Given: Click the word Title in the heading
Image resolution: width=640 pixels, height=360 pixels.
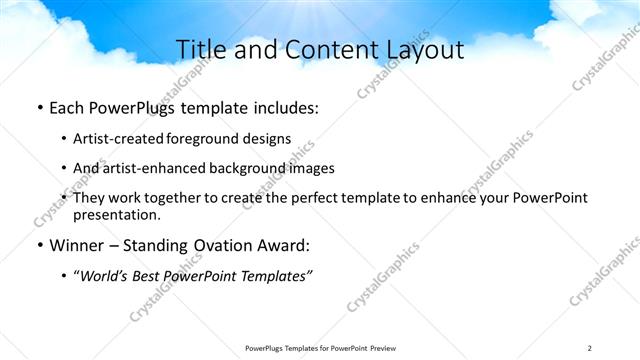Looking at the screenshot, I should pyautogui.click(x=200, y=50).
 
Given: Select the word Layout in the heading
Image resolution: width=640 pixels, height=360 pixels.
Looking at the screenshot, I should pyautogui.click(x=424, y=50).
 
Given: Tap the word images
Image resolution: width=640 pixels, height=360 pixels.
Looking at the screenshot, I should pyautogui.click(x=309, y=168).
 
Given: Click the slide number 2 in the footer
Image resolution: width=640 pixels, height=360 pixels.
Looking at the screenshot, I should pyautogui.click(x=590, y=348).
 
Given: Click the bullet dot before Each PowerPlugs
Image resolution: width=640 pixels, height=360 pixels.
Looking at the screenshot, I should pyautogui.click(x=38, y=107).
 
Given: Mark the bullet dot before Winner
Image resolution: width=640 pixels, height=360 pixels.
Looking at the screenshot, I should pyautogui.click(x=38, y=246).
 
